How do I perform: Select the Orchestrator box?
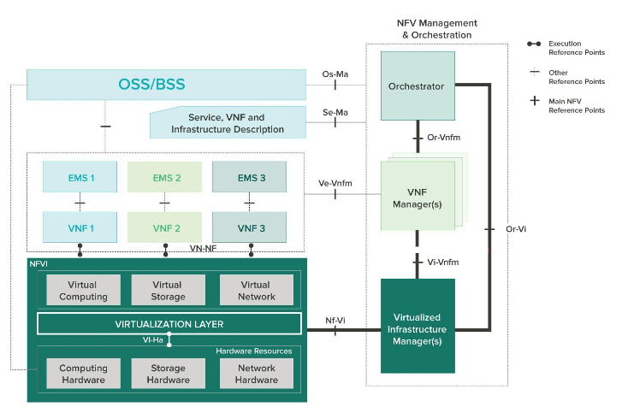[416, 86]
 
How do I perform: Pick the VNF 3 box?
[250, 228]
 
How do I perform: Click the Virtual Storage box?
[168, 291]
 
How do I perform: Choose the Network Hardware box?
[256, 374]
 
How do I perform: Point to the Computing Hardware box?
[83, 374]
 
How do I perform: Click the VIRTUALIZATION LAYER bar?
[169, 324]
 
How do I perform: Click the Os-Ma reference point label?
[335, 74]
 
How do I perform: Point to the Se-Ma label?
[335, 112]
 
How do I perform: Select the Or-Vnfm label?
[441, 139]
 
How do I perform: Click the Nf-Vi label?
[335, 320]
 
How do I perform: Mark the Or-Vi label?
[512, 229]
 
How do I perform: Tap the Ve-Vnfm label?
[335, 183]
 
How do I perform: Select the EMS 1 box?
[80, 178]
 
